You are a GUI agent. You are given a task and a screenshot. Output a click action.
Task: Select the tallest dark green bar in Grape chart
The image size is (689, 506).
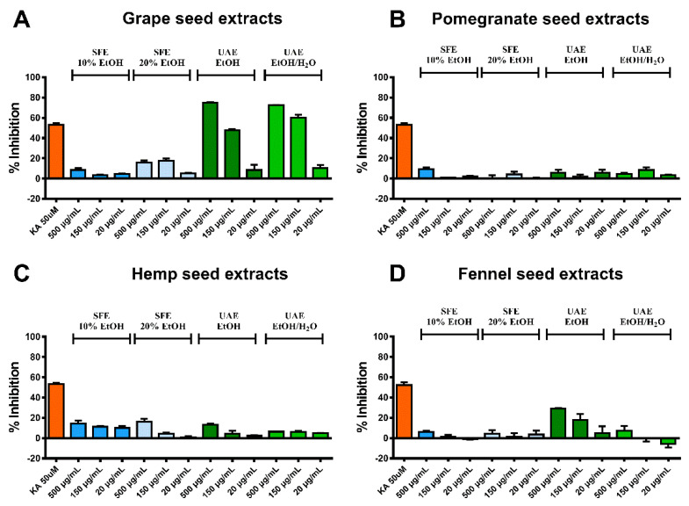click(x=209, y=141)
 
